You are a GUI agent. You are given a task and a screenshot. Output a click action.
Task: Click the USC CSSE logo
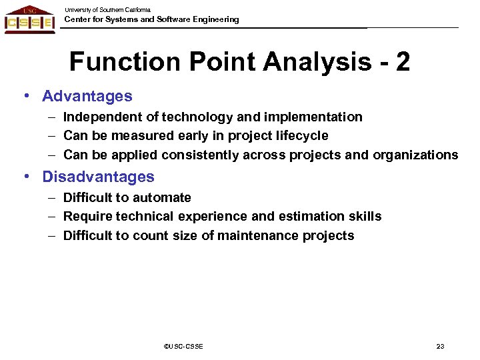[x=29, y=19]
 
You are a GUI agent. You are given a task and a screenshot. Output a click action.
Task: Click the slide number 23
[x=440, y=346]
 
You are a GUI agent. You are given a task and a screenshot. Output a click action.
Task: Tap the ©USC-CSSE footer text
[x=183, y=346]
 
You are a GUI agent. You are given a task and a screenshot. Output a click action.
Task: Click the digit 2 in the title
[x=402, y=62]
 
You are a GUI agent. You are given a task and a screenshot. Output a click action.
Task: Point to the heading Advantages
[x=87, y=96]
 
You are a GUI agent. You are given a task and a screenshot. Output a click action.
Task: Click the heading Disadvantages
[x=98, y=177]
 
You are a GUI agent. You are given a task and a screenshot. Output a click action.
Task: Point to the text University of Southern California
[x=107, y=10]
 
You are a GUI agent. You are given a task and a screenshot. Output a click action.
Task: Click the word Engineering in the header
[x=213, y=19]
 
